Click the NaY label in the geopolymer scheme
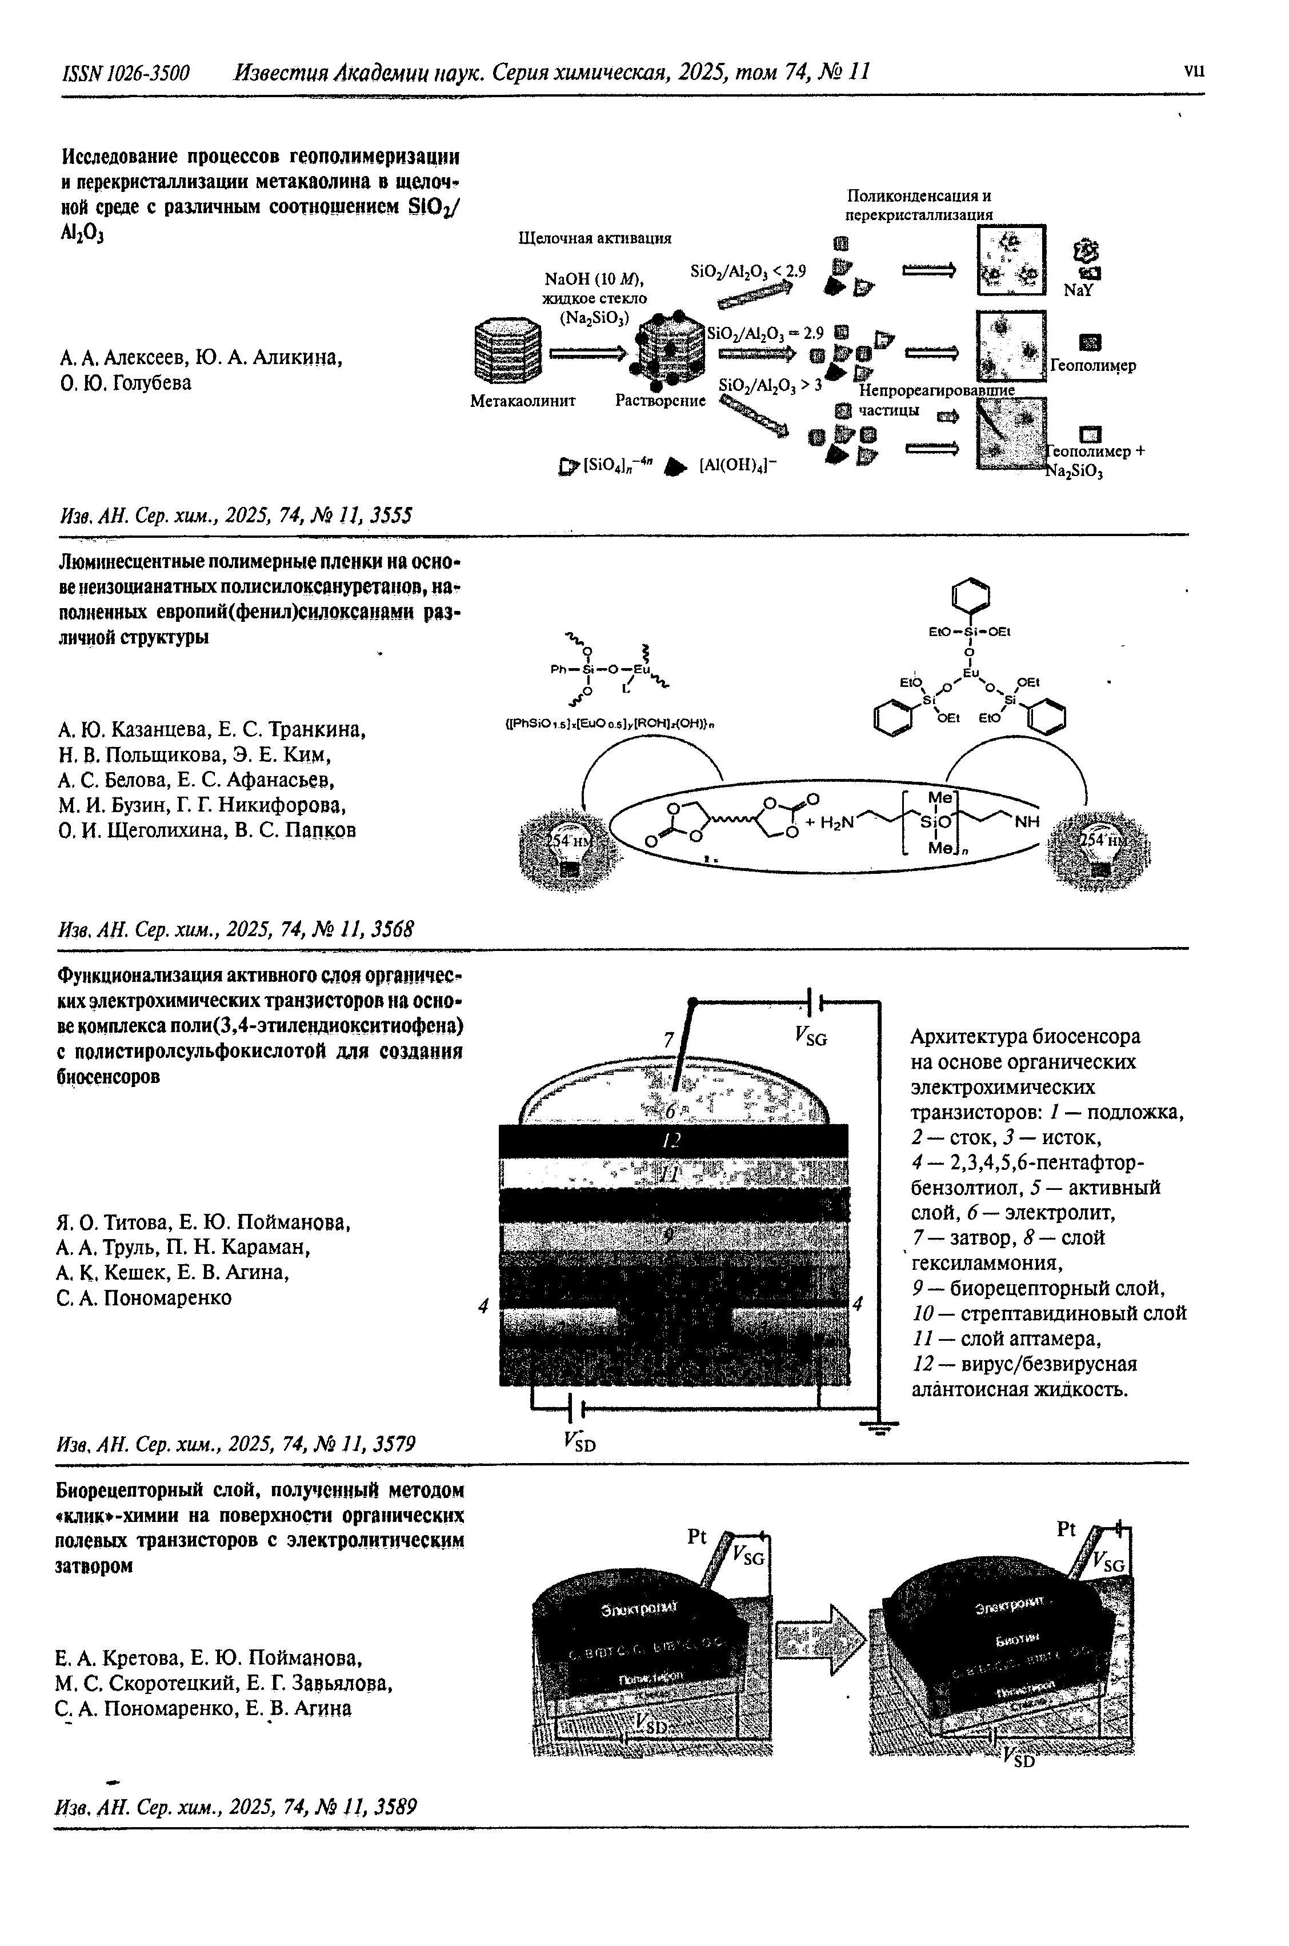coord(1078,291)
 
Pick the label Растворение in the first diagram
coord(660,401)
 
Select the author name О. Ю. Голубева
coord(126,383)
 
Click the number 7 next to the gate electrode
coord(668,1041)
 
